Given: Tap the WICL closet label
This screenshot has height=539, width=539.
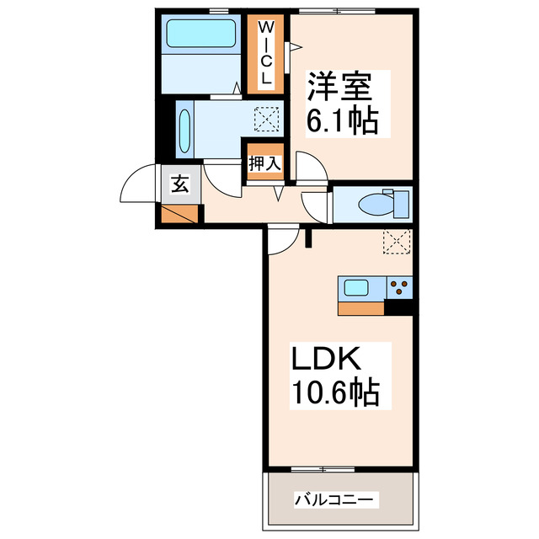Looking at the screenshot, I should [x=265, y=52].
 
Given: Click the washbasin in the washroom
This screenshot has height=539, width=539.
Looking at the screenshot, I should [x=184, y=129].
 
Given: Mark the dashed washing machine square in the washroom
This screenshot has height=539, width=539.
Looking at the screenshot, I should [x=266, y=119].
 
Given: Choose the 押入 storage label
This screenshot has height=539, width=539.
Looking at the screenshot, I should [x=264, y=163].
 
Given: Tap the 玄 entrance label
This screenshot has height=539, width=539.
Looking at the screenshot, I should [x=181, y=183].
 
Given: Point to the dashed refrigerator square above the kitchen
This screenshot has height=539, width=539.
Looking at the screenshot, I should [x=397, y=242].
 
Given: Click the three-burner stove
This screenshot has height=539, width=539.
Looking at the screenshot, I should [x=400, y=288].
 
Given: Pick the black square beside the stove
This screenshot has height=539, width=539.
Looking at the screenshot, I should [x=400, y=308].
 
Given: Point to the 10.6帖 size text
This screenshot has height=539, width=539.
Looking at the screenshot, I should [x=335, y=392].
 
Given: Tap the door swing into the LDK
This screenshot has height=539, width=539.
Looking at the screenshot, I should [x=284, y=240].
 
